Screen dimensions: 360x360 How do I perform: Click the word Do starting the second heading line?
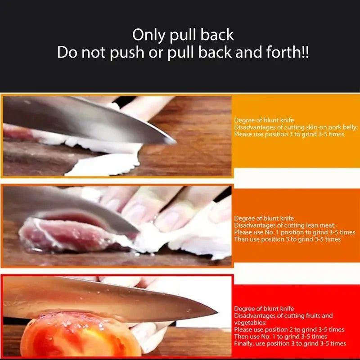pos(67,53)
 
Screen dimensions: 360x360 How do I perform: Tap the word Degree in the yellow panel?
pos(244,120)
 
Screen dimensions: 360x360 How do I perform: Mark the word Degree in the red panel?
pos(244,309)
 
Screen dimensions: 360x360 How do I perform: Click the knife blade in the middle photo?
pos(90,207)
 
